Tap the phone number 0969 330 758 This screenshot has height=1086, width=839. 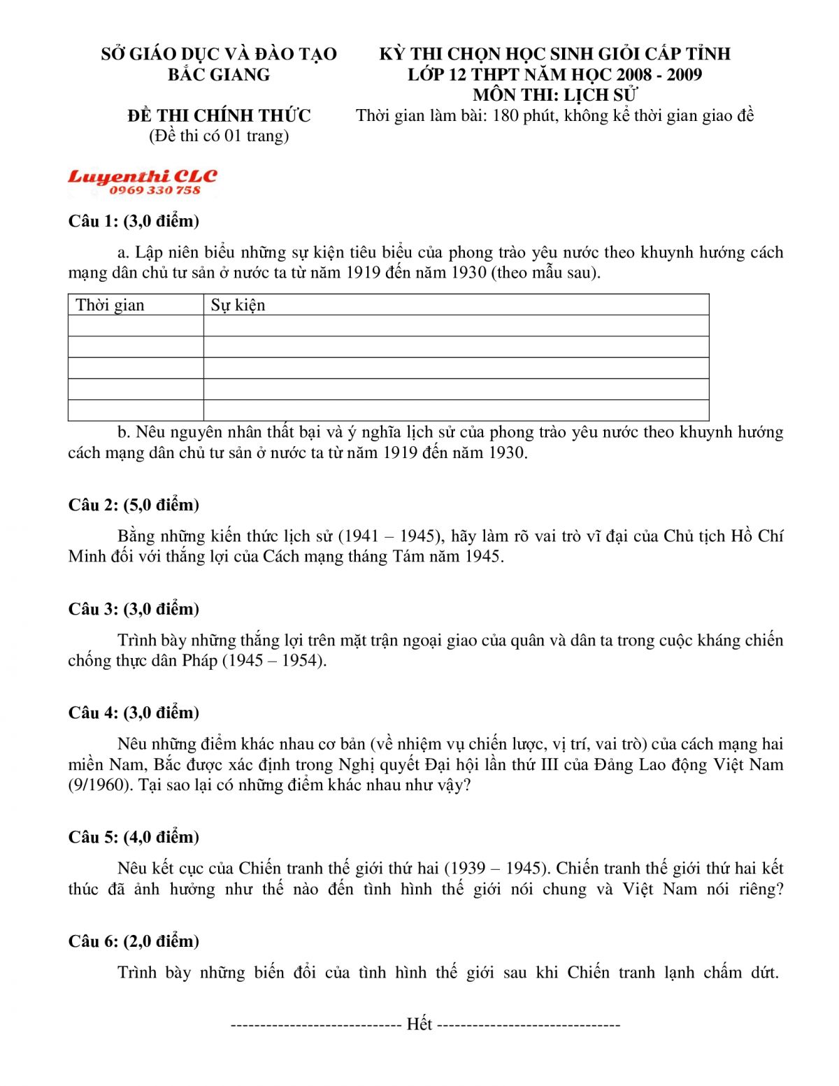coord(155,190)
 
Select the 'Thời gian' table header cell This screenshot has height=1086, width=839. coord(110,305)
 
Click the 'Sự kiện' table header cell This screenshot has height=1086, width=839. coord(238,305)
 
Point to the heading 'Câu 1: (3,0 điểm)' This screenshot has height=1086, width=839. coord(134,221)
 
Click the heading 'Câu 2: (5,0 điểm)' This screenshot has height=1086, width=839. coord(134,505)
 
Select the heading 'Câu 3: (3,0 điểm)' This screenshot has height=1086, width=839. coord(134,609)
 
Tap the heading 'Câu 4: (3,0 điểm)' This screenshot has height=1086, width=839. coord(134,713)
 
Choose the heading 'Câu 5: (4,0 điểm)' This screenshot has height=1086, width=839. coord(134,837)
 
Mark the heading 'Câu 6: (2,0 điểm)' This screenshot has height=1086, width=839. coord(134,941)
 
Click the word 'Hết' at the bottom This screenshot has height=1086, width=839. coord(419,1024)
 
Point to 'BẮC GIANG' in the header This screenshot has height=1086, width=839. coord(218,75)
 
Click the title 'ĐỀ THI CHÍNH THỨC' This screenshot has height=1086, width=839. coord(219,115)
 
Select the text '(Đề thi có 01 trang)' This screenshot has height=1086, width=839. coord(219,136)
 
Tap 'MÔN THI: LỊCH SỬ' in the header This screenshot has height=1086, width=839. coord(555,95)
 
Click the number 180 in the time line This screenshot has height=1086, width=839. coord(505,115)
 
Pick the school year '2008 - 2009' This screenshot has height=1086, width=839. coord(659,75)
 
